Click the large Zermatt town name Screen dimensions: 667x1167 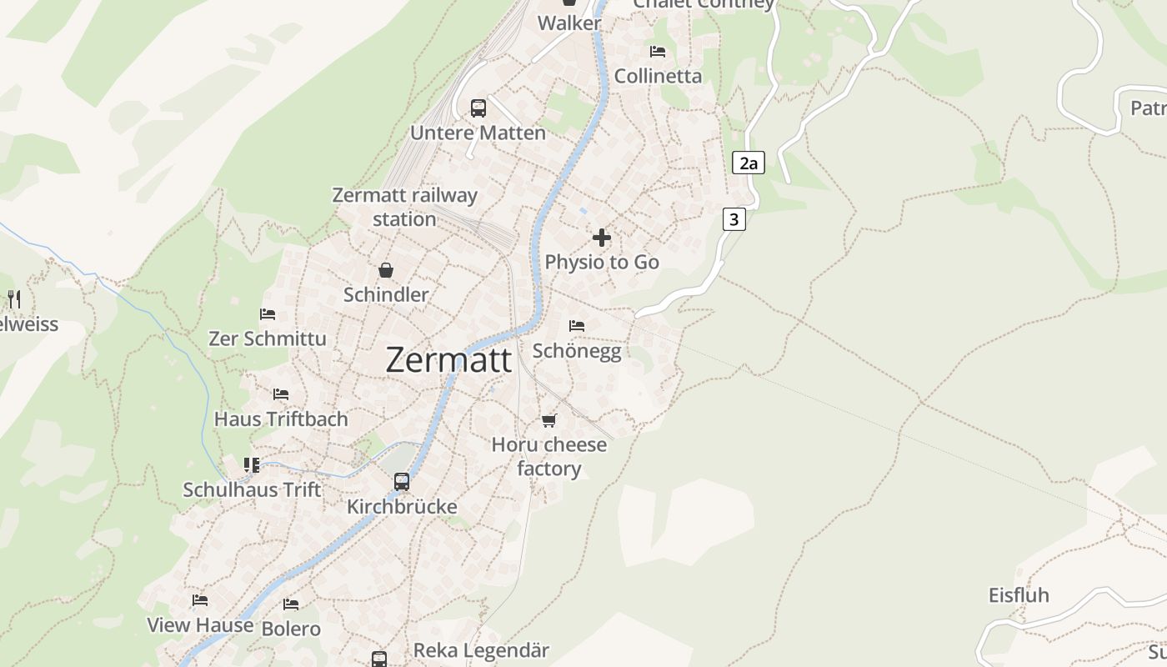click(448, 359)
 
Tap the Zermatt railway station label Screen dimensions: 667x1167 click(404, 207)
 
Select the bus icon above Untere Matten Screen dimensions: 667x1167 click(478, 108)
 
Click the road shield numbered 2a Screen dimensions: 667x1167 click(748, 163)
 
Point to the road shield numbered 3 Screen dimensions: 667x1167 click(734, 219)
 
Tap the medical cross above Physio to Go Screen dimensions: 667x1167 click(601, 238)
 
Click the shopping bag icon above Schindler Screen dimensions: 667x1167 click(386, 270)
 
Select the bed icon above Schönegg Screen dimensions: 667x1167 click(576, 325)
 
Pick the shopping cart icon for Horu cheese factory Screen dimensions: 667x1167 click(548, 420)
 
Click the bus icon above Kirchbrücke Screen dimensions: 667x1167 click(402, 482)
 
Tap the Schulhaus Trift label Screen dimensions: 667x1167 click(252, 489)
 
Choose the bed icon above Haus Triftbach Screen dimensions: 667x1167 click(281, 394)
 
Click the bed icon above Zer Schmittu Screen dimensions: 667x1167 click(268, 314)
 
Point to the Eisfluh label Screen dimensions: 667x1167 click(1019, 595)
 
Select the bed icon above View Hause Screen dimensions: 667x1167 click(199, 600)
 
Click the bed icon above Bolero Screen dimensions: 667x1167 click(291, 604)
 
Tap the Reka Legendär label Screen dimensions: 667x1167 click(481, 650)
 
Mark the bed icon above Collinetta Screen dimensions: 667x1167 click(658, 52)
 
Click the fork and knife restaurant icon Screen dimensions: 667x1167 click(14, 298)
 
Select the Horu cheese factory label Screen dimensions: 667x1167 click(548, 456)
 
